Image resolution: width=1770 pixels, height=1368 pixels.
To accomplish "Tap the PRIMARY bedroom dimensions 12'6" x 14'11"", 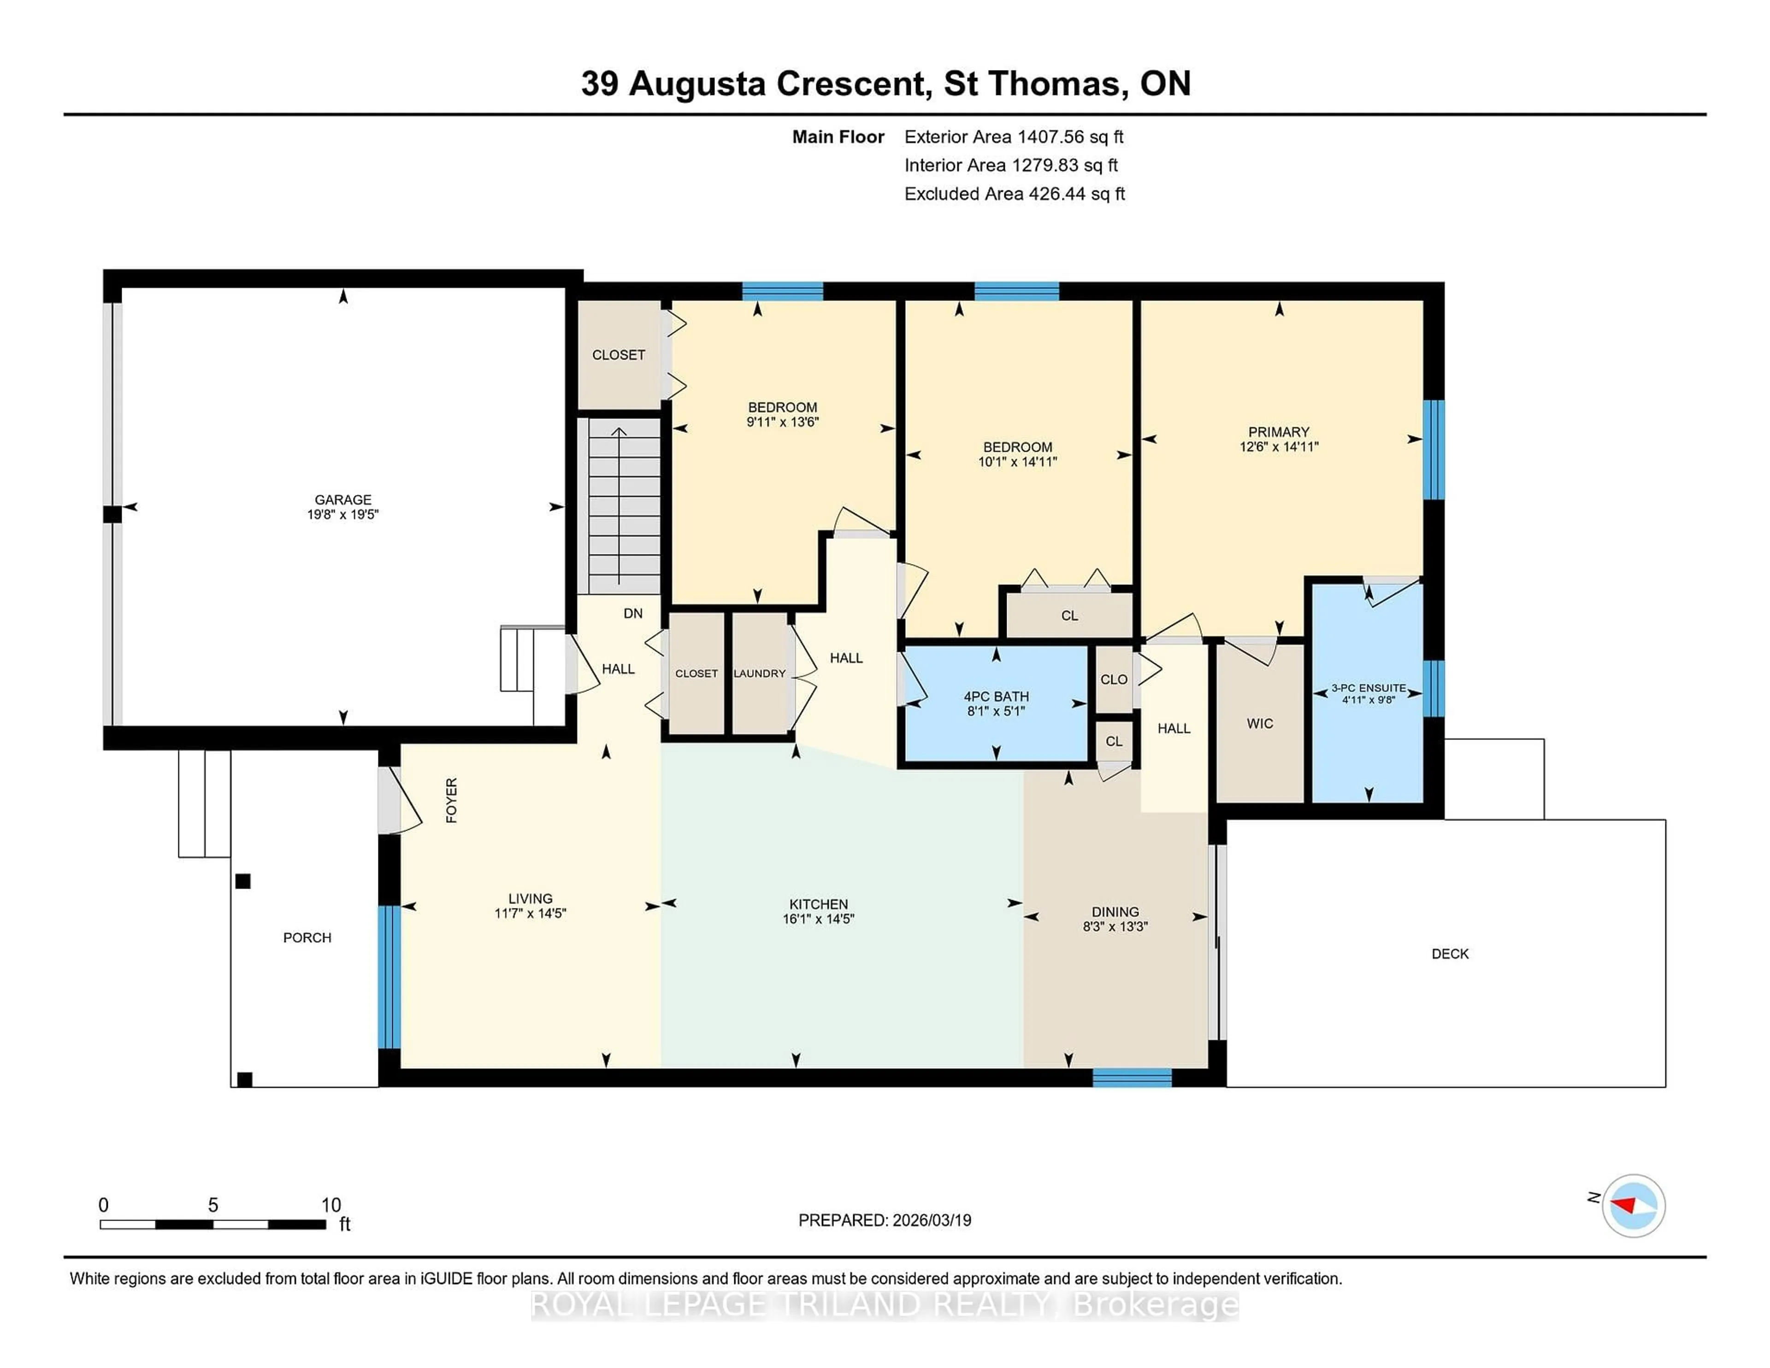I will (x=1279, y=447).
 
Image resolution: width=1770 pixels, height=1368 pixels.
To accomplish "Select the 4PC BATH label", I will (x=996, y=696).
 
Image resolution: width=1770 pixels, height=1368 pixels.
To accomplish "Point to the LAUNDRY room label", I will (x=759, y=673).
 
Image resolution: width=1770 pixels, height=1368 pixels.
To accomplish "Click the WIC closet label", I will (x=1259, y=724).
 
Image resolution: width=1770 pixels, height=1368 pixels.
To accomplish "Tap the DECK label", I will (x=1450, y=954).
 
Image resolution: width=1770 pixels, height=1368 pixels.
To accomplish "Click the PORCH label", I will (x=307, y=938).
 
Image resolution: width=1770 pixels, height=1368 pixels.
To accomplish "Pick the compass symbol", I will (x=1633, y=1205).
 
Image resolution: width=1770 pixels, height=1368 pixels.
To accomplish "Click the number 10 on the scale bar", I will (x=330, y=1205).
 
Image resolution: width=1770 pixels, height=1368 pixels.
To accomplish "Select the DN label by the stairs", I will (x=633, y=613).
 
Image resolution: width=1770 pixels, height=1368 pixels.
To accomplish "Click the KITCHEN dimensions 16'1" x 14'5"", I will (x=819, y=919).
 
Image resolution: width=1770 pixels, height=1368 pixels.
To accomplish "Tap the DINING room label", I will (x=1115, y=912).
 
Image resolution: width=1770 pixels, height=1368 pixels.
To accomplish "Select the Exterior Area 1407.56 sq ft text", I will (x=1014, y=137).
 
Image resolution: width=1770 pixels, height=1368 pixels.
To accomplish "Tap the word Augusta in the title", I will (x=697, y=83).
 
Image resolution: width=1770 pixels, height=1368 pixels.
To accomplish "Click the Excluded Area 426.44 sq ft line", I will (x=1015, y=194).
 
